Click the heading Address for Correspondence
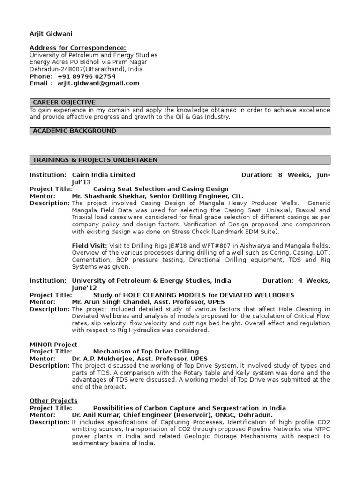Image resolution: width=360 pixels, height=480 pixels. tap(77, 48)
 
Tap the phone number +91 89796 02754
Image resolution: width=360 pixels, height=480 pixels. tap(86, 76)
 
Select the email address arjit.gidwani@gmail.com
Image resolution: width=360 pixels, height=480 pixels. tap(98, 83)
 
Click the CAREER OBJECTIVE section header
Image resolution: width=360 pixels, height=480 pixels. tap(64, 102)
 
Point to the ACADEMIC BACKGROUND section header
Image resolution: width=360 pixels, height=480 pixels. tap(74, 131)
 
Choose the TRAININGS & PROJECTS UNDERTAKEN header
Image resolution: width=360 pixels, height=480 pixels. tap(95, 160)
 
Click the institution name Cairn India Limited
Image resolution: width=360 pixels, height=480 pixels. tap(103, 175)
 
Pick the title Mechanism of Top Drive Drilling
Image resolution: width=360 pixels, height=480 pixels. tap(146, 351)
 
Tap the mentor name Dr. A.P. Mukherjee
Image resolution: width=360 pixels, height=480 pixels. tap(101, 358)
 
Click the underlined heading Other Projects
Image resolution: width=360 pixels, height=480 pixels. tap(53, 401)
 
